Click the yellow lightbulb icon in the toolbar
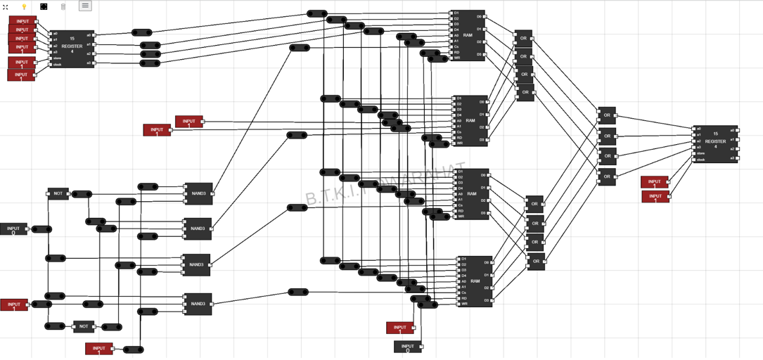(24, 6)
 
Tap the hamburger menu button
(85, 6)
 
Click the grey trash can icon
(63, 6)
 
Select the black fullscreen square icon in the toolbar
(44, 6)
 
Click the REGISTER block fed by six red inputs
(72, 49)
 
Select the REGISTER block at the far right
(715, 144)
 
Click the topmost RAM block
(468, 35)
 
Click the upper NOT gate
(58, 193)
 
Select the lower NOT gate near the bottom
(84, 326)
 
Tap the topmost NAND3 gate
(198, 193)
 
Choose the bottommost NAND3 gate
(198, 304)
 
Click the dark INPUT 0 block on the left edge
(13, 229)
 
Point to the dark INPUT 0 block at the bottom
(407, 347)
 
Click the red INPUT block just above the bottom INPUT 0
(399, 328)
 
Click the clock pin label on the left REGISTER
(58, 65)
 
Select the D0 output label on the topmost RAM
(479, 17)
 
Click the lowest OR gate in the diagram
(536, 262)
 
